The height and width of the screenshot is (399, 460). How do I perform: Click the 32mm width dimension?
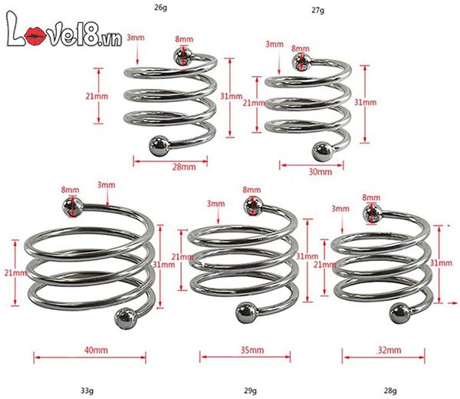pos(389,351)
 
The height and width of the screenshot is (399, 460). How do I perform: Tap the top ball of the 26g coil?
pos(182,56)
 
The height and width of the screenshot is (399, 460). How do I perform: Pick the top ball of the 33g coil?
pos(71,206)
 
